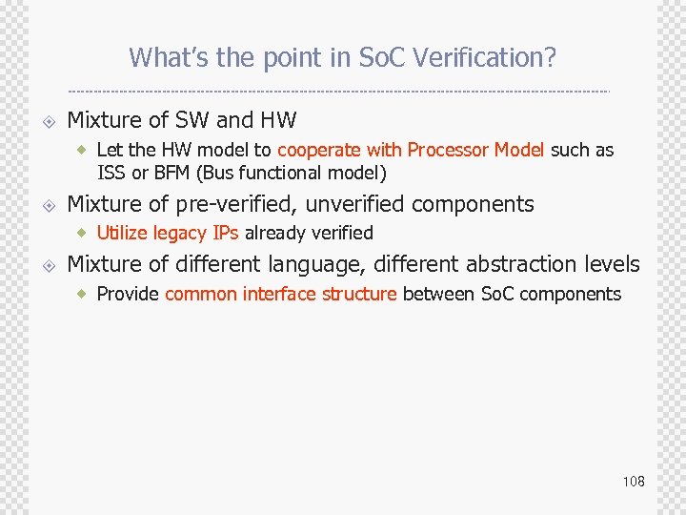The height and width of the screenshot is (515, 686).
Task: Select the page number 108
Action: click(634, 481)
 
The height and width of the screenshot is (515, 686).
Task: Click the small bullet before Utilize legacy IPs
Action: click(84, 233)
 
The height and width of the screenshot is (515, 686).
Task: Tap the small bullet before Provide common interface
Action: click(84, 294)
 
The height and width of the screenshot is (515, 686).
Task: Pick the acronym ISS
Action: click(111, 173)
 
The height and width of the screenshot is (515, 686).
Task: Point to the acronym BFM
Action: click(173, 173)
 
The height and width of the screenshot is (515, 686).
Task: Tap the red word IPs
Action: click(226, 233)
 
